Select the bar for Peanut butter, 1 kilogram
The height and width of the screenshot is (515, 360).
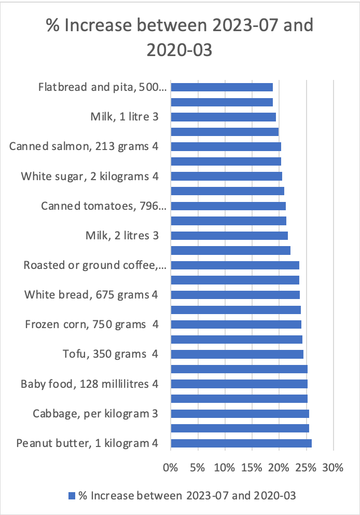coord(241,443)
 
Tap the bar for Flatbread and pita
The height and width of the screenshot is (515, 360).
coord(221,87)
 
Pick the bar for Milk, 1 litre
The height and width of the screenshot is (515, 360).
coord(223,117)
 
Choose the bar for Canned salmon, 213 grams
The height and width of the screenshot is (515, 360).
coord(226,146)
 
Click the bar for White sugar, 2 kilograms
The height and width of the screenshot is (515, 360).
coord(226,177)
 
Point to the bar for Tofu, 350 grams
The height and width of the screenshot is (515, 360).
coord(237,354)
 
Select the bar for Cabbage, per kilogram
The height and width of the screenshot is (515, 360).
coord(240,414)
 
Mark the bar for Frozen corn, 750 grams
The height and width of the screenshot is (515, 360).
coord(236,324)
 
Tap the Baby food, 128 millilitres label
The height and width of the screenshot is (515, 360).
coord(89,384)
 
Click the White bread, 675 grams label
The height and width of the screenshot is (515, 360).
coord(91,295)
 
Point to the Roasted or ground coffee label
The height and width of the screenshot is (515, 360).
coord(95,265)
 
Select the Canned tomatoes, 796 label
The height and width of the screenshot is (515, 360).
coord(104,206)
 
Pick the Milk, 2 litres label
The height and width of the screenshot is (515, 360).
coord(121,236)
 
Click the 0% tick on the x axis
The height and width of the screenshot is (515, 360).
coord(170,467)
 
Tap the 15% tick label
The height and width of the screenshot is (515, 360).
coord(252,467)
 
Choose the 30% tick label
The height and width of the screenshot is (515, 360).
coord(333,467)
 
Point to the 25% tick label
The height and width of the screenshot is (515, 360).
coord(306,467)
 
